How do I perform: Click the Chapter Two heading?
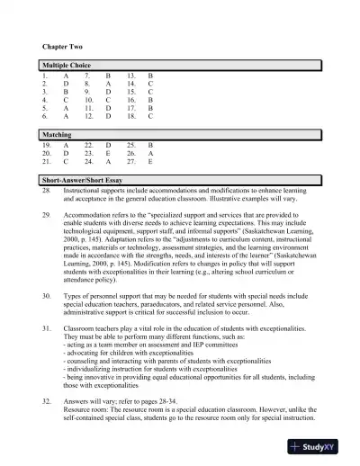click(62, 45)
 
